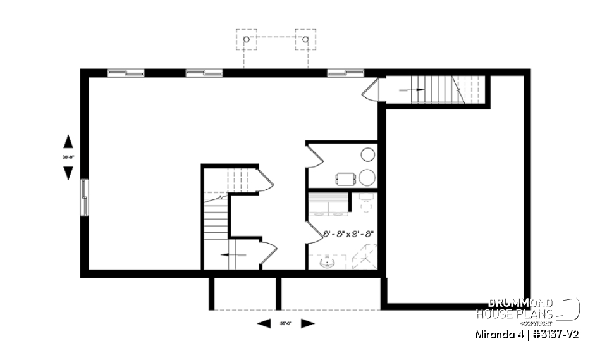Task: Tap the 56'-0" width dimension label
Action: [x=286, y=324]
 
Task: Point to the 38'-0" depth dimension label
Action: [x=68, y=156]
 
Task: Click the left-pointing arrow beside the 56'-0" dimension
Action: [x=264, y=324]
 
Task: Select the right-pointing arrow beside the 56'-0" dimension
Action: [x=307, y=324]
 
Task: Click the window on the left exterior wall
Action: [x=84, y=197]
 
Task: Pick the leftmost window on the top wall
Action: [x=126, y=73]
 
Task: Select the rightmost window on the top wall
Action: [x=345, y=73]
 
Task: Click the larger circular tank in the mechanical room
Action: [x=367, y=177]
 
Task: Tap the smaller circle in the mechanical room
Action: [x=367, y=154]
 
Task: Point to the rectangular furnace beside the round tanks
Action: [x=345, y=178]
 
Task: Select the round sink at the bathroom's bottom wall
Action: [x=328, y=262]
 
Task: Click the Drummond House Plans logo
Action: [x=528, y=309]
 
